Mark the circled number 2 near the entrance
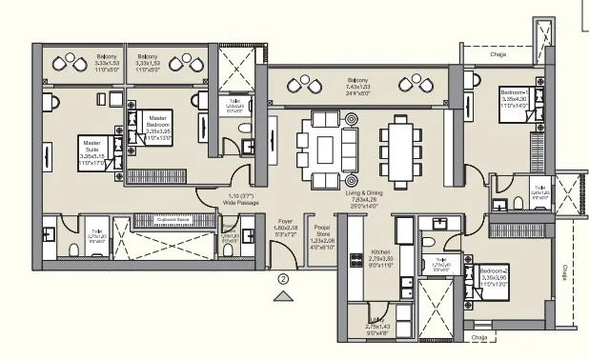283,279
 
